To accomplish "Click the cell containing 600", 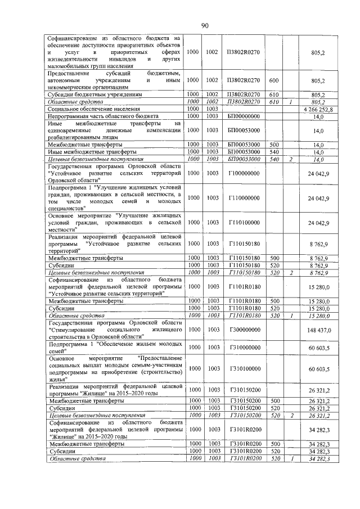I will tap(274, 80).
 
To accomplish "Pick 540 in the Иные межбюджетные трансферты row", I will tap(274, 152).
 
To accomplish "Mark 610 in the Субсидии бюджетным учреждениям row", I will tap(274, 95).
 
